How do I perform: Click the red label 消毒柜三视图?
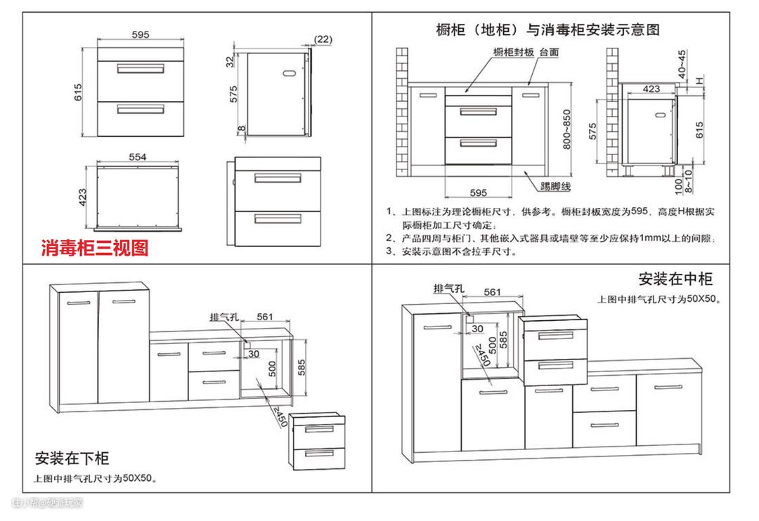click(x=95, y=248)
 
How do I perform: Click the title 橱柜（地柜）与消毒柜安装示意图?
click(x=547, y=29)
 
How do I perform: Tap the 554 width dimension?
click(x=137, y=157)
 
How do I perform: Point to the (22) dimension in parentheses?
click(x=323, y=39)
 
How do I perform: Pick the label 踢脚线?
click(x=555, y=186)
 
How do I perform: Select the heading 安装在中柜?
click(x=675, y=279)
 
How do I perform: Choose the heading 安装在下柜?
click(x=72, y=459)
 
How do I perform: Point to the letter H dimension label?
click(x=699, y=81)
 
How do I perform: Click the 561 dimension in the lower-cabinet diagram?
click(x=264, y=317)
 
